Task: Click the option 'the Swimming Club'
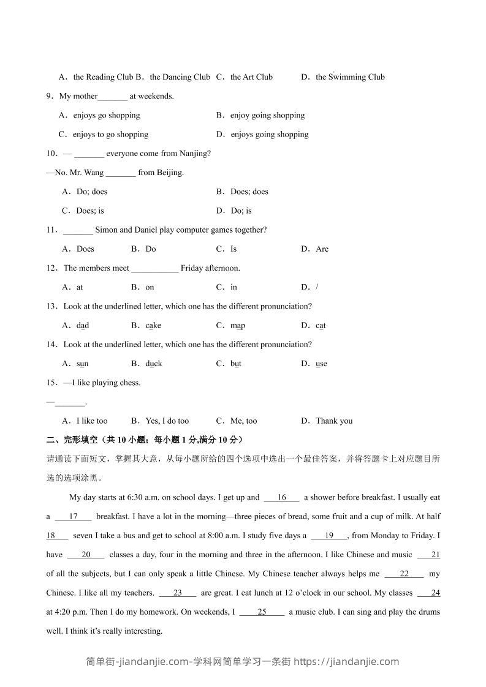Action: tap(350, 77)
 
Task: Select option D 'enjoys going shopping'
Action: tap(269, 135)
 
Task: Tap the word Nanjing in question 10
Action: tap(194, 154)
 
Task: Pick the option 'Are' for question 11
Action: tap(322, 249)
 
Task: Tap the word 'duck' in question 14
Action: tap(154, 364)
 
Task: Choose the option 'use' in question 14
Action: tap(321, 364)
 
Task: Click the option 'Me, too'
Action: tap(243, 421)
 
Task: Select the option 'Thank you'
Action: tap(334, 421)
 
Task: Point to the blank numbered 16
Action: tap(282, 498)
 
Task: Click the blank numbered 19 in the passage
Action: tap(329, 536)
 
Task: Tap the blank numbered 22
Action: tap(404, 574)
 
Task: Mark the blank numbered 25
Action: tap(262, 612)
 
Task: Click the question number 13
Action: tap(51, 306)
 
